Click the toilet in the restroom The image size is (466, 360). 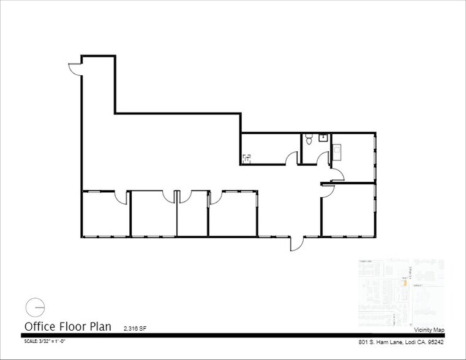coord(309,141)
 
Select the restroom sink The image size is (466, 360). coord(323,137)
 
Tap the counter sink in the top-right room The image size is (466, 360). coord(338,148)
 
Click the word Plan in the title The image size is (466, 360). coord(100,326)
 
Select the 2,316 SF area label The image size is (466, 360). coord(135,329)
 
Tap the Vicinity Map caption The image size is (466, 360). coord(429,330)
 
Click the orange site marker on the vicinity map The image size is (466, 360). coord(405,282)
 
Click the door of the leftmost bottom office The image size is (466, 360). coord(122,197)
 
